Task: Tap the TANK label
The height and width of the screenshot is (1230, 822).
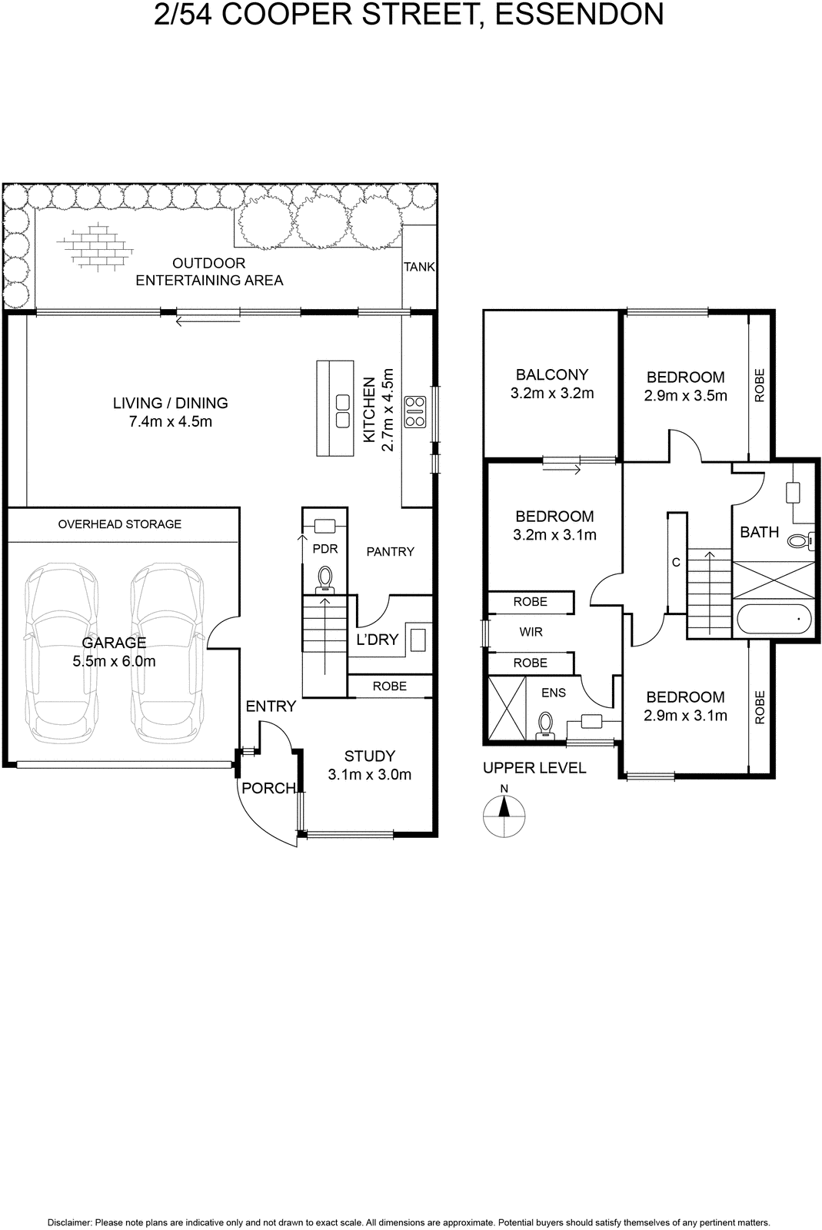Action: coord(420,267)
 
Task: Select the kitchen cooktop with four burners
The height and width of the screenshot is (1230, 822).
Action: coord(415,412)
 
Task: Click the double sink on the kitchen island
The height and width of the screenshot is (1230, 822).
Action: coord(343,411)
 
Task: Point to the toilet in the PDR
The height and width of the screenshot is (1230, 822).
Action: coord(325,580)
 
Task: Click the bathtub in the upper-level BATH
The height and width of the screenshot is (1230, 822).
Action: coord(774,619)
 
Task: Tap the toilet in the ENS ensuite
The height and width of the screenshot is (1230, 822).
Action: coord(545,723)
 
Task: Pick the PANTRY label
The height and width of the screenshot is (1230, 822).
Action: coord(391,551)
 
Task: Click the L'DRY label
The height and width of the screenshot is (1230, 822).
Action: coord(377,639)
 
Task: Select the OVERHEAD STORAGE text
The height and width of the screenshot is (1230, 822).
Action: coord(120,524)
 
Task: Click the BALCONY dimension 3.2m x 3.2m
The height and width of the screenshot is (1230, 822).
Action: coord(552,393)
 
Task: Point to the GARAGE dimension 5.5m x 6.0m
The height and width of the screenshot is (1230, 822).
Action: coord(115,661)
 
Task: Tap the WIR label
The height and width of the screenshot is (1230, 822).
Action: coord(531,632)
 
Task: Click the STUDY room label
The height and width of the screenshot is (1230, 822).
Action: coord(370,756)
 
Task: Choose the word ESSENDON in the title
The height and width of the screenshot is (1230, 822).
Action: coord(579,15)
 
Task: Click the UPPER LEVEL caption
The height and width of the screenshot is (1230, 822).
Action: coord(534,768)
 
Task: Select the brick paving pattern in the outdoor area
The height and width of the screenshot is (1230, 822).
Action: coord(95,245)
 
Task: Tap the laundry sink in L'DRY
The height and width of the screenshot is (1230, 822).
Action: coord(418,639)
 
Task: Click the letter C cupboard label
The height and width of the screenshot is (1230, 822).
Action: coord(676,562)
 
